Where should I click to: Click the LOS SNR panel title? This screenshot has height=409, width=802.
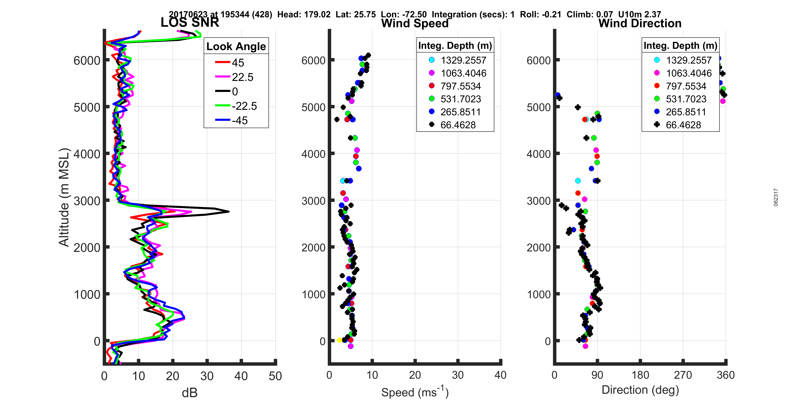point(190,22)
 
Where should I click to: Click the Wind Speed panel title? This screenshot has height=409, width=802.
point(415,23)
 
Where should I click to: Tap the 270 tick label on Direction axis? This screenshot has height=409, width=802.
point(683,375)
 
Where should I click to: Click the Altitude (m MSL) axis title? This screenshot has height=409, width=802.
point(64,197)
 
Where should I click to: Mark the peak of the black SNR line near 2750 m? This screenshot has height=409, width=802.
point(229,212)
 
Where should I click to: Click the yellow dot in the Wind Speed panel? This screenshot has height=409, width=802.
point(339,340)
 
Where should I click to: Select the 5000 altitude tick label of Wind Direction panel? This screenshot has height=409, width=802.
point(539,107)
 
